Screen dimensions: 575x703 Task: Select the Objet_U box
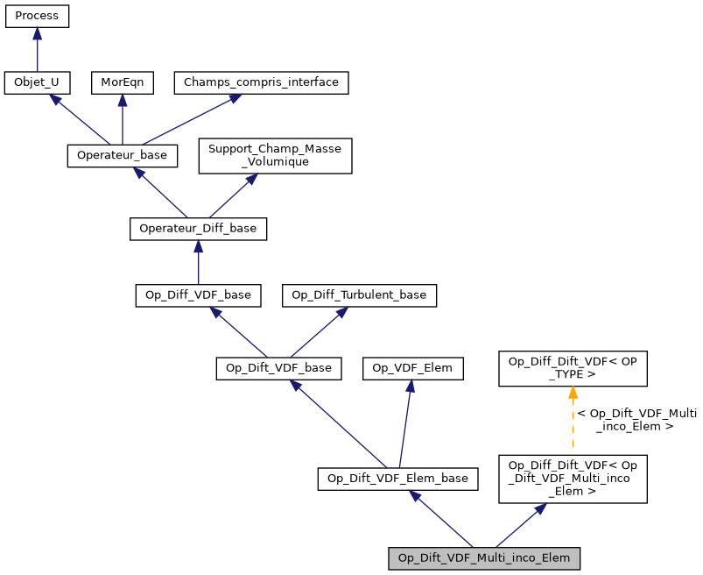click(37, 83)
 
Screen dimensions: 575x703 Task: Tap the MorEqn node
click(122, 83)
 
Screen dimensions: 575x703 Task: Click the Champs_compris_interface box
click(262, 83)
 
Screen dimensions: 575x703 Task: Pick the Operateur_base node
click(123, 156)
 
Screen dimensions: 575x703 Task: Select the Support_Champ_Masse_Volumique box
click(275, 155)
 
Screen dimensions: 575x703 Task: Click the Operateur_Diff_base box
click(198, 229)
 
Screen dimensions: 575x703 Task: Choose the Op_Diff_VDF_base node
click(198, 295)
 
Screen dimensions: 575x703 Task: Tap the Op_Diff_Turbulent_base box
click(359, 295)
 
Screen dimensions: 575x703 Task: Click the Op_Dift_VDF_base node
click(278, 368)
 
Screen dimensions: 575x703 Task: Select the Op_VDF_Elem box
click(412, 368)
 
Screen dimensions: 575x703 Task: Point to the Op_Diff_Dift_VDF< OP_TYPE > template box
click(573, 368)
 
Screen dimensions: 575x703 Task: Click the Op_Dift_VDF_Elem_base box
click(397, 479)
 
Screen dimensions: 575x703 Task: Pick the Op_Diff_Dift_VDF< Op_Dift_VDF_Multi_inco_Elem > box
click(573, 478)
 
